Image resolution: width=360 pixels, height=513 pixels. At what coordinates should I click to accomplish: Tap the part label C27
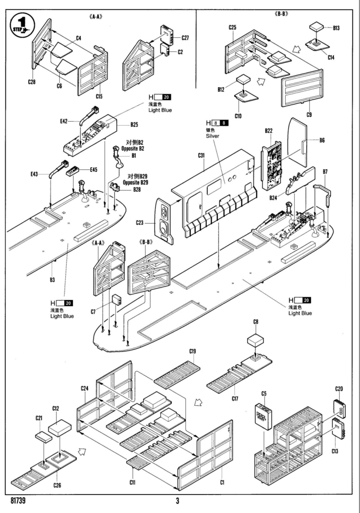185,38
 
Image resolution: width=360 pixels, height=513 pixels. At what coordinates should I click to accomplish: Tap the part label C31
203,156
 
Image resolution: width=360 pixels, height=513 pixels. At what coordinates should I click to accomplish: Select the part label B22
269,130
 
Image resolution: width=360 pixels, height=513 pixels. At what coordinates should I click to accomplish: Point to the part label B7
325,171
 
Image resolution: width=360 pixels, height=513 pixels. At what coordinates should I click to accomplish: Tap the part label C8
256,321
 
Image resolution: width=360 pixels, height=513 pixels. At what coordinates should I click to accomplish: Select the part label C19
192,351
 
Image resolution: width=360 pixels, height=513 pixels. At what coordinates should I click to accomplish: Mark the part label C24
84,388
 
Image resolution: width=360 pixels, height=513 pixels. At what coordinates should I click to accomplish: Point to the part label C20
339,389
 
